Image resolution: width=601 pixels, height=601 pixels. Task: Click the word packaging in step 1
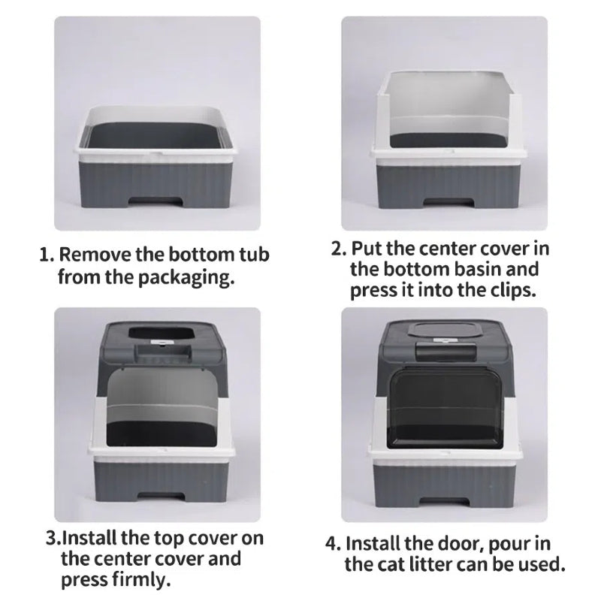(186, 277)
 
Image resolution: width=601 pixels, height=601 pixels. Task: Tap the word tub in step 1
(254, 255)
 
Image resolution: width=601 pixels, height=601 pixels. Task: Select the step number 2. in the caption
(339, 249)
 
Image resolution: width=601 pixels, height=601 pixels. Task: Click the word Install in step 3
(89, 538)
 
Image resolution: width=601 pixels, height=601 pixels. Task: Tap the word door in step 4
(459, 543)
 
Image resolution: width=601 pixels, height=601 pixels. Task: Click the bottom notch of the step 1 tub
(155, 201)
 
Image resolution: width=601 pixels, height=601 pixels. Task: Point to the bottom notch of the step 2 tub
(447, 202)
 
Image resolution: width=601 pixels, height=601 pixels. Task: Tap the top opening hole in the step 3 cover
(160, 332)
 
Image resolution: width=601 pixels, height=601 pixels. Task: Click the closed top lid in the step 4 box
(444, 330)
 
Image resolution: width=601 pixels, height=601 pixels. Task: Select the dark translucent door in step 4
(445, 409)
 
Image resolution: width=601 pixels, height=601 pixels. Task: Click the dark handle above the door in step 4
(446, 351)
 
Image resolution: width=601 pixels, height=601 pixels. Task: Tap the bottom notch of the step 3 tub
(162, 496)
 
